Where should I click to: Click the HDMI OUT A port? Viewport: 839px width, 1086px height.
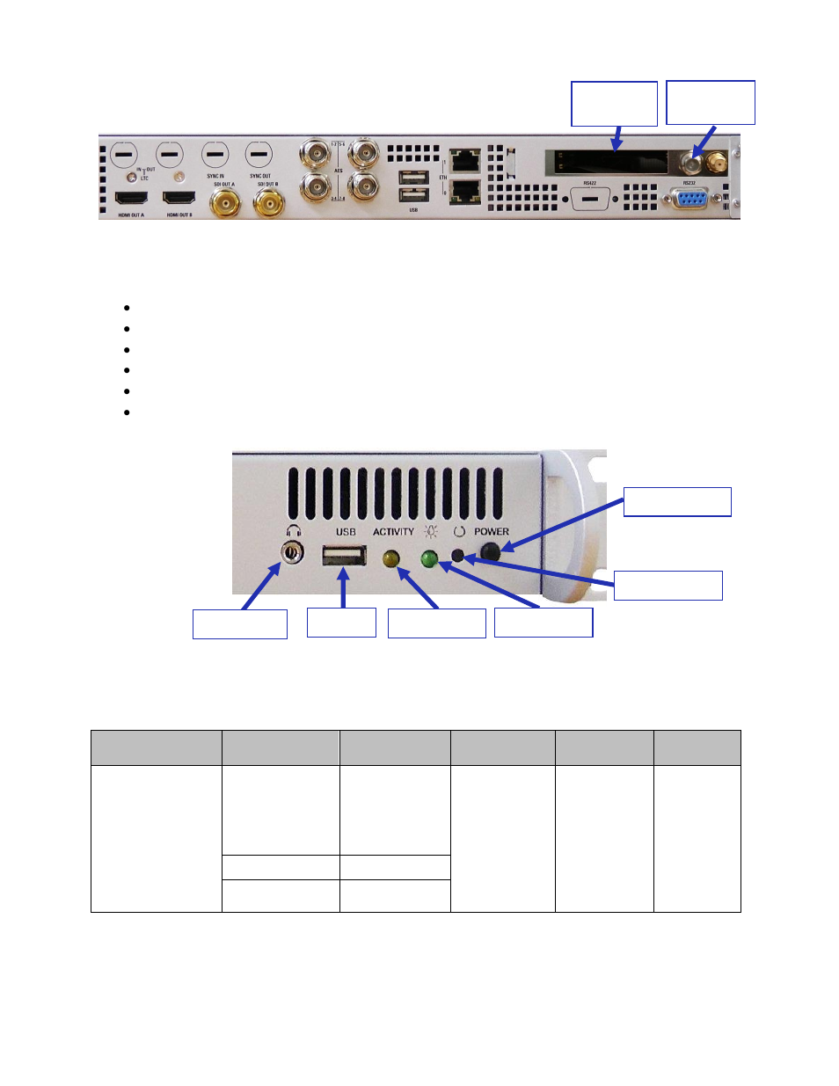pos(131,198)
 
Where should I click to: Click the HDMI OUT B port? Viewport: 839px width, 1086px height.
pos(179,198)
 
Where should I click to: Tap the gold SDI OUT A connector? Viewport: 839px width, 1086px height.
pos(225,204)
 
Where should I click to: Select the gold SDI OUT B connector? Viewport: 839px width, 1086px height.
pos(268,204)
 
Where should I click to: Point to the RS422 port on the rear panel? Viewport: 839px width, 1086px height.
pos(589,199)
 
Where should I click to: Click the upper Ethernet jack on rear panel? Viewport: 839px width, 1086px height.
pos(464,160)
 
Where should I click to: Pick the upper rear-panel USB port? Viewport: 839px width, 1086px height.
pos(413,178)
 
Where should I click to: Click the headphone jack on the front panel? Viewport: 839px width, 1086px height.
pos(292,553)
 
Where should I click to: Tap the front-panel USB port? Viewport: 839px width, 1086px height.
pos(344,556)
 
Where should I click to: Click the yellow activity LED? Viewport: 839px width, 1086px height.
pos(391,558)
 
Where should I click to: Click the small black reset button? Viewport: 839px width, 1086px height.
pos(457,556)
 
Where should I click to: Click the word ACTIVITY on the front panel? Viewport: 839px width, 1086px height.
pos(393,532)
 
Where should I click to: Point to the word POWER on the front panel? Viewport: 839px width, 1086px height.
pos(492,532)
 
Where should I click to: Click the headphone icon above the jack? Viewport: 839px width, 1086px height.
pos(293,531)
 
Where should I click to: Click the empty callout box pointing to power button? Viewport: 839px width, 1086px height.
pos(677,502)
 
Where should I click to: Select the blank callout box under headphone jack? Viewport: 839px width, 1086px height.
pos(240,623)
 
